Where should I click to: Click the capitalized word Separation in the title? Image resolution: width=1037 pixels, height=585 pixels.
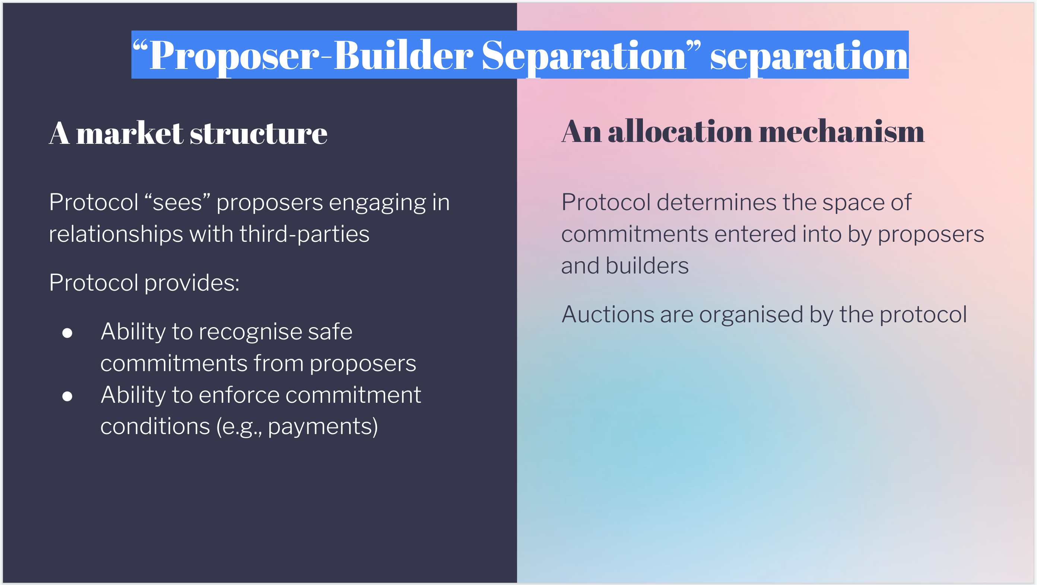[x=584, y=56]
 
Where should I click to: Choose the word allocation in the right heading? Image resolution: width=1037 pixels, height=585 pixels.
[x=680, y=132]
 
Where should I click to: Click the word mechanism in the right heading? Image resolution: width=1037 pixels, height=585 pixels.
[x=842, y=132]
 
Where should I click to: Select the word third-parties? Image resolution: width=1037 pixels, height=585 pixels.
[x=304, y=234]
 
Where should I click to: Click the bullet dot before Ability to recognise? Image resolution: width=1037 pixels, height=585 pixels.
[x=67, y=333]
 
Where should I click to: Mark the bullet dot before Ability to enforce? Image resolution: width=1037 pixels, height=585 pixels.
[x=67, y=396]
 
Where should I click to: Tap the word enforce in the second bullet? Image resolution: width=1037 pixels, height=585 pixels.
[x=239, y=395]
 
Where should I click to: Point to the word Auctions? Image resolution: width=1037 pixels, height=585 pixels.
[x=608, y=314]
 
